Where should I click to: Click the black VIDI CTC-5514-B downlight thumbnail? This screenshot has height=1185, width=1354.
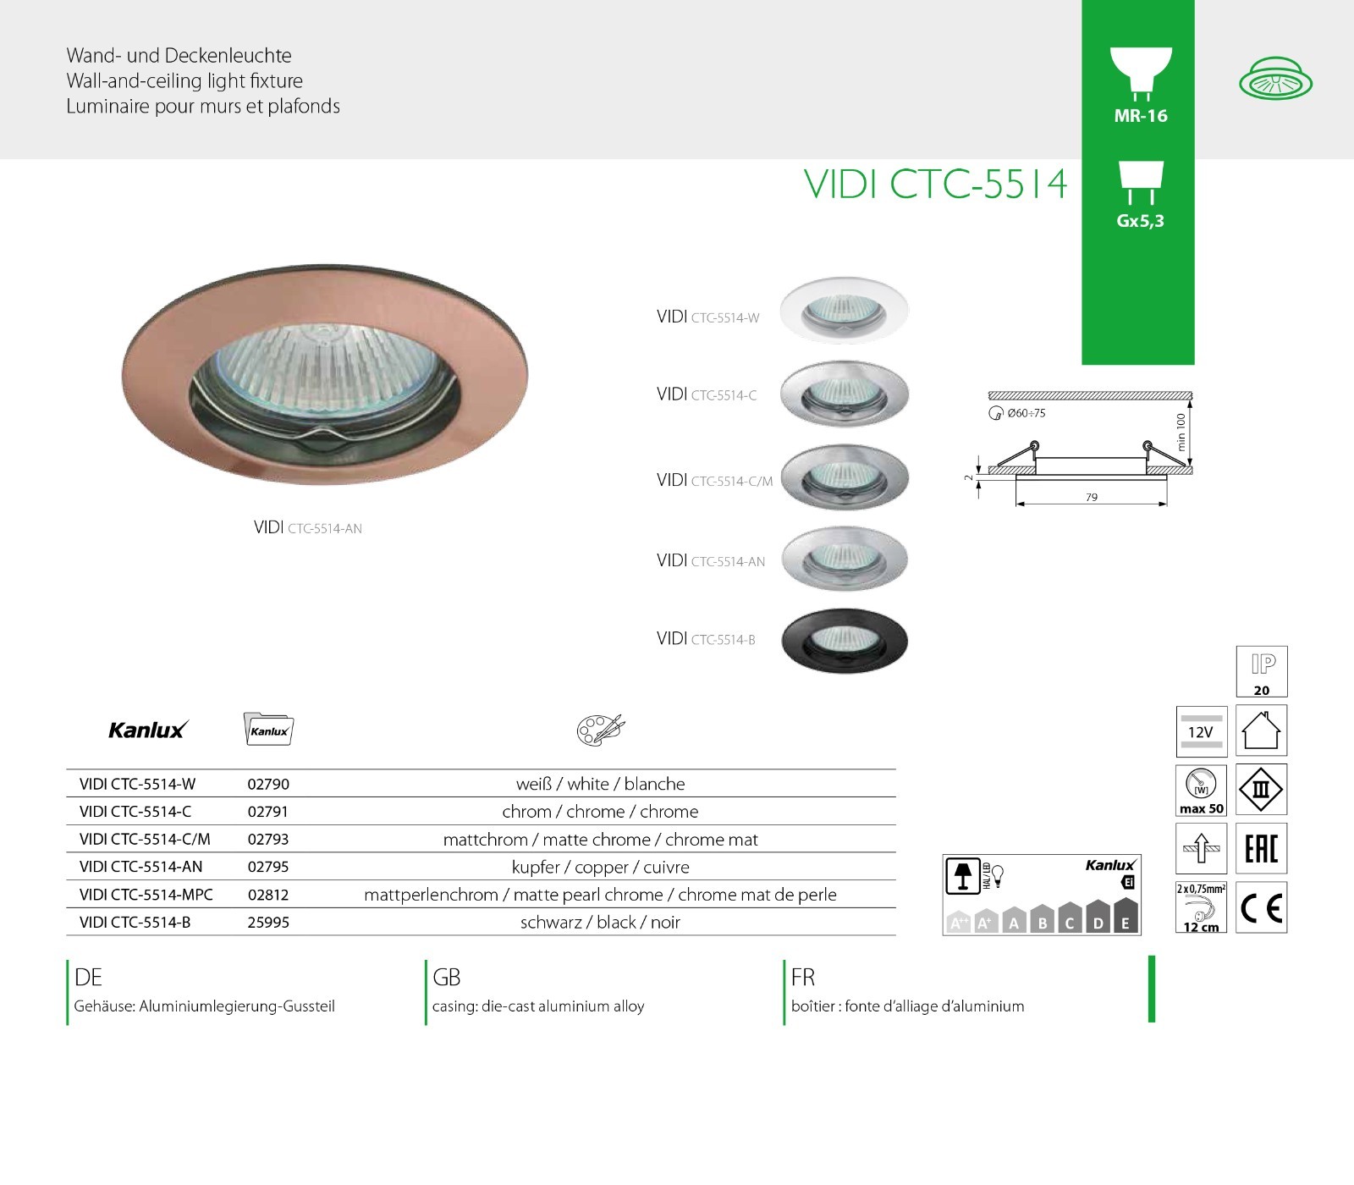[x=845, y=640]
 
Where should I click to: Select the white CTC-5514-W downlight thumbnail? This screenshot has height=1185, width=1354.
[x=845, y=310]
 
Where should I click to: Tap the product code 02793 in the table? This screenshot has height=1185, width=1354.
[x=268, y=840]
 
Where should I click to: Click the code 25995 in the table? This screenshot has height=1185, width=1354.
[x=268, y=923]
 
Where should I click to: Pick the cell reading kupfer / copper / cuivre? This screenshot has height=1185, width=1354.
[x=601, y=868]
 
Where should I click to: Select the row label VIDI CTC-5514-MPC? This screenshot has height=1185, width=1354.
[x=146, y=895]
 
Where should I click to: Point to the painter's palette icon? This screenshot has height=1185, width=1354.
[x=601, y=730]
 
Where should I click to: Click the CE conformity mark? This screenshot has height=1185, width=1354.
[x=1262, y=907]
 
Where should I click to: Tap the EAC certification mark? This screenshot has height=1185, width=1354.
[x=1262, y=848]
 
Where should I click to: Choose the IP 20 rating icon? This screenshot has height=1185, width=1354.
[x=1262, y=671]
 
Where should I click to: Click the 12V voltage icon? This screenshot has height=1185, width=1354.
[x=1202, y=731]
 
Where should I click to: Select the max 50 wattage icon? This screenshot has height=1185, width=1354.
[x=1202, y=790]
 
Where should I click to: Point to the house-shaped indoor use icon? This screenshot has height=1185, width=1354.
[x=1262, y=730]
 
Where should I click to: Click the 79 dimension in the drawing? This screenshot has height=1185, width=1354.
[x=1092, y=497]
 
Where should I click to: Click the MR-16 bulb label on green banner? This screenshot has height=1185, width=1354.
[x=1141, y=116]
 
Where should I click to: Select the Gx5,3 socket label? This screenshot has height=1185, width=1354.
[x=1141, y=221]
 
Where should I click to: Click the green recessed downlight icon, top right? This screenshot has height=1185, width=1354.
[x=1275, y=80]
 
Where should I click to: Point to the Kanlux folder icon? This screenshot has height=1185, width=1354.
[x=268, y=729]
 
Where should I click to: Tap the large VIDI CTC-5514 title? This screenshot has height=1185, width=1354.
[x=936, y=185]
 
